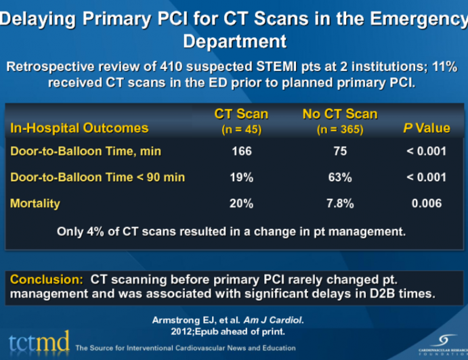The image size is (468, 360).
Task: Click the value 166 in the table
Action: coord(241,151)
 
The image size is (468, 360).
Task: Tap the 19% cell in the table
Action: coord(241,177)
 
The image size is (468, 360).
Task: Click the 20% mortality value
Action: coord(241,203)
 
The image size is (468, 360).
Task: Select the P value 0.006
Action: coord(426,203)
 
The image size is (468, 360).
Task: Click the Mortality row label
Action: coord(35,203)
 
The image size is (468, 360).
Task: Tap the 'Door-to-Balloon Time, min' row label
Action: coord(85,151)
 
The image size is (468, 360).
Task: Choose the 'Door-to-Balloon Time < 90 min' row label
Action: coord(98,177)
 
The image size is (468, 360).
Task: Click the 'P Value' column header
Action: coord(426,128)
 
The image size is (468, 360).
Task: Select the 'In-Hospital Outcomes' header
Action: coord(79,128)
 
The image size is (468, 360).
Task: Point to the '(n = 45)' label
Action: coord(241,129)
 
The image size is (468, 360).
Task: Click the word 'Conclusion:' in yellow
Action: coord(47,279)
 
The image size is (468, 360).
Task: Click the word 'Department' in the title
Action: coord(234,41)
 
